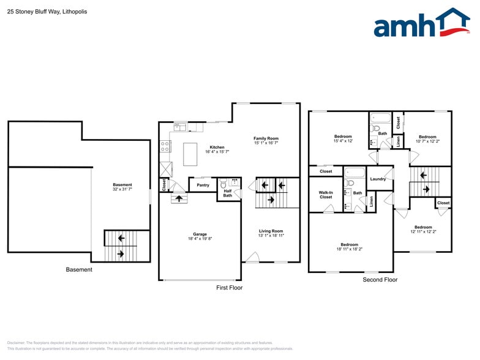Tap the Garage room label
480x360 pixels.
pos(200,234)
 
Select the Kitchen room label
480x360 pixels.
pos(217,147)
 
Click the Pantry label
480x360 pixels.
pos(203,185)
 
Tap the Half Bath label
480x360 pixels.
pos(227,193)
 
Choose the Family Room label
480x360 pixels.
pos(266,138)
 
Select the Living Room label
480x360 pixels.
pos(271,231)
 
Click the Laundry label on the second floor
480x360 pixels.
pos(378,179)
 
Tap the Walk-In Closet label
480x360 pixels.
pos(326,195)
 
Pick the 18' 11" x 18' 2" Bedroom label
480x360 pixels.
pos(349,247)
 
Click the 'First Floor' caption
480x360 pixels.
pos(230,287)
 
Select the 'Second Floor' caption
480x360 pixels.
pos(380,280)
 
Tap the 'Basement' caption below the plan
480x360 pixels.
pos(79,269)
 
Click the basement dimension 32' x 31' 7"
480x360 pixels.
pos(122,189)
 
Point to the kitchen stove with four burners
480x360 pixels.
pos(165,146)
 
